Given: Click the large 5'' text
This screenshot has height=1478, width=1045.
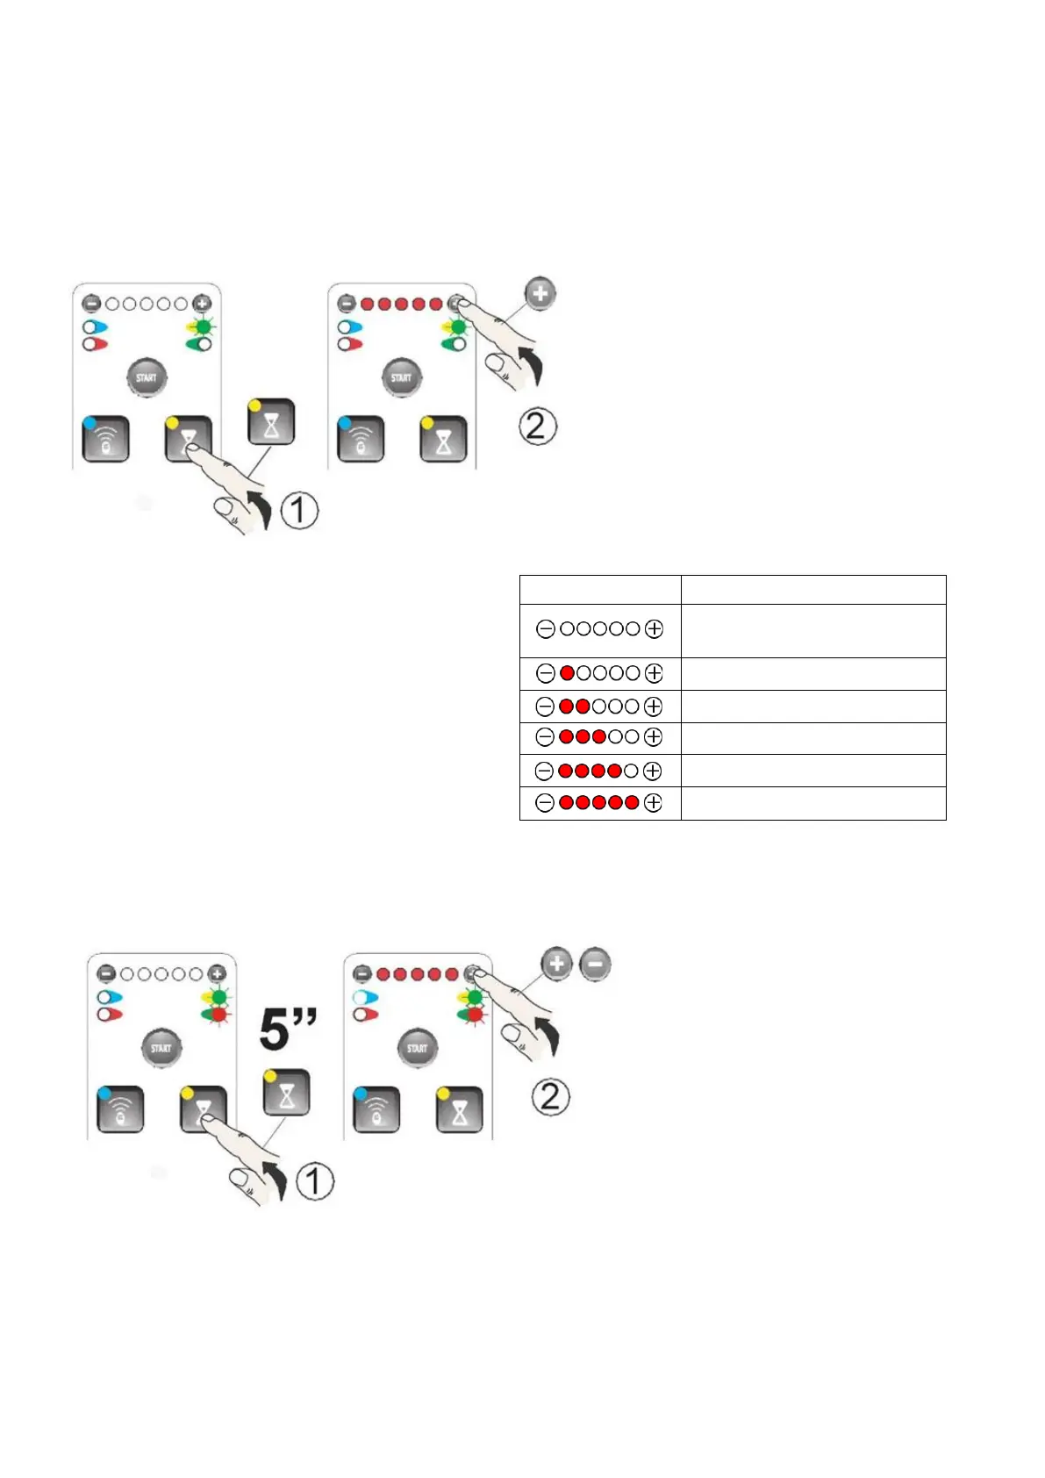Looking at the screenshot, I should tap(288, 1029).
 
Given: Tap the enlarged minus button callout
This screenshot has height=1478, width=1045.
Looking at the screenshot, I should tap(595, 965).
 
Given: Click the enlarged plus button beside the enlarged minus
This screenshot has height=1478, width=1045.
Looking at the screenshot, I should tap(556, 965).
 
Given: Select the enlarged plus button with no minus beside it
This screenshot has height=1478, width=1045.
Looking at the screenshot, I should tap(540, 293).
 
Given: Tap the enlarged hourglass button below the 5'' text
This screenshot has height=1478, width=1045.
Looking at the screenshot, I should tap(286, 1093).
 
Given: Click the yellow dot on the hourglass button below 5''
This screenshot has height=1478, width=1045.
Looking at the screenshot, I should tap(270, 1076).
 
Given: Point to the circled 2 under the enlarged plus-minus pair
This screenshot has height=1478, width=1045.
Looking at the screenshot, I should tap(550, 1096).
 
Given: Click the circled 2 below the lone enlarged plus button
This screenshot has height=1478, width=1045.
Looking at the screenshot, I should tap(537, 427).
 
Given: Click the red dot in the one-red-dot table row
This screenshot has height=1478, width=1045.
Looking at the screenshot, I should tap(567, 673).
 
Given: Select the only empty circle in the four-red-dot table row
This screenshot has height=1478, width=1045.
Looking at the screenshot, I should tap(631, 771).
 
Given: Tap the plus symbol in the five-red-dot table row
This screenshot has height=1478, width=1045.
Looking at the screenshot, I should tap(653, 803).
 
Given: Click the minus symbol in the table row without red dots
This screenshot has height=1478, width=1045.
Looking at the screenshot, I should tap(545, 629).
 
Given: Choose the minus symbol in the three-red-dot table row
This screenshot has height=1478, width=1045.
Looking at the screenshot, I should tap(545, 737).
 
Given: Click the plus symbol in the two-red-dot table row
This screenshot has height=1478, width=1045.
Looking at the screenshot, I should tap(653, 707).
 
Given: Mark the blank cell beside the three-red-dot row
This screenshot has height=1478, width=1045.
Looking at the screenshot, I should tap(813, 738).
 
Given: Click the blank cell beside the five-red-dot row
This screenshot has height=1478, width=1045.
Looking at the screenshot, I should tap(813, 803).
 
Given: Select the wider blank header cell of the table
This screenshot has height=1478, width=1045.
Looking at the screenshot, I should tap(813, 590).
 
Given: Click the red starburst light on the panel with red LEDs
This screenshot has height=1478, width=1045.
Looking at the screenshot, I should tap(475, 1015).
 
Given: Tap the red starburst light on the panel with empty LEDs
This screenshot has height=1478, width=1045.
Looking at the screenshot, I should tap(218, 1015).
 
